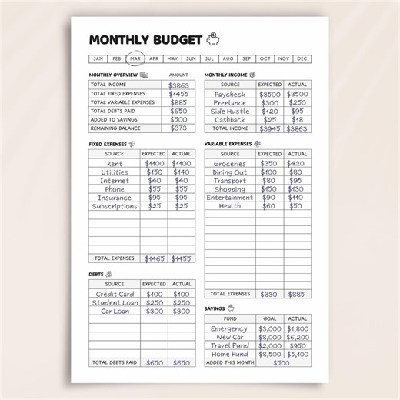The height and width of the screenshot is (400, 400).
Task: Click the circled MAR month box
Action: pyautogui.click(x=135, y=58)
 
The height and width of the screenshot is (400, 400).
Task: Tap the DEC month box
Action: pyautogui.click(x=302, y=58)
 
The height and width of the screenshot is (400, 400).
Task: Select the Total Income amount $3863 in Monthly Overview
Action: pyautogui.click(x=178, y=85)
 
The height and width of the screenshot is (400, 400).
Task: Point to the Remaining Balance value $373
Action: pyautogui.click(x=178, y=128)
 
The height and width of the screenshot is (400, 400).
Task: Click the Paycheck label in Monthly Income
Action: pyautogui.click(x=230, y=94)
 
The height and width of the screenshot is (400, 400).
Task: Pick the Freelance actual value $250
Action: pyautogui.click(x=297, y=102)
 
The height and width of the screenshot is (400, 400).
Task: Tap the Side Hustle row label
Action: pyautogui.click(x=230, y=112)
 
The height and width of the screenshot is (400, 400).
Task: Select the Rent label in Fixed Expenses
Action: pyautogui.click(x=115, y=164)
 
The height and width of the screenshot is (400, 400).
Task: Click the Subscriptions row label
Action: pyautogui.click(x=115, y=206)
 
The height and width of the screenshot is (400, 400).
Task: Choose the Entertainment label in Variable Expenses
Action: pyautogui.click(x=230, y=198)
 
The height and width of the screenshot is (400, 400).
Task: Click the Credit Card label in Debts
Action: pyautogui.click(x=115, y=294)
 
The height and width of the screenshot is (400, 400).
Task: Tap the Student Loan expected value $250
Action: pyautogui.click(x=155, y=302)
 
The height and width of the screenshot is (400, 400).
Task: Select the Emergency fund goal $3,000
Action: pyautogui.click(x=269, y=328)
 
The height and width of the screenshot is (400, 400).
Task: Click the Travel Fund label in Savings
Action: pyautogui.click(x=230, y=345)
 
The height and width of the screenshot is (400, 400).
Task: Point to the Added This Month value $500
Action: pyautogui.click(x=282, y=362)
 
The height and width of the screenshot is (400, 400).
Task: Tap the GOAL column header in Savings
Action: pyautogui.click(x=269, y=318)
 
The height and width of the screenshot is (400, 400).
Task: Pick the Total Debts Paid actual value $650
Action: pyautogui.click(x=182, y=362)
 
